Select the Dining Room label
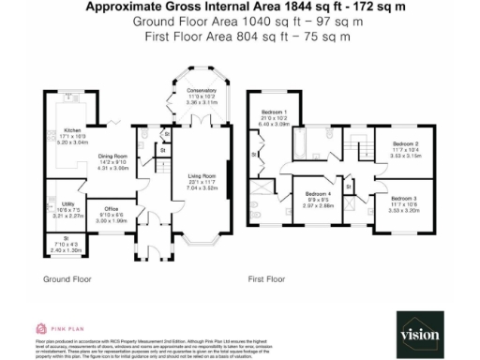(x=113, y=157)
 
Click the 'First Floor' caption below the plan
(x=265, y=278)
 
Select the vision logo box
(x=419, y=334)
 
